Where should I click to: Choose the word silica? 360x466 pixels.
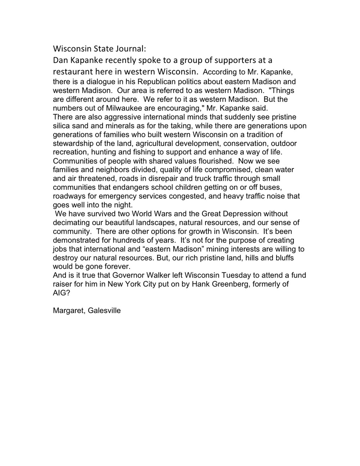62,126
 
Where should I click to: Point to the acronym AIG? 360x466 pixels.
60,293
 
